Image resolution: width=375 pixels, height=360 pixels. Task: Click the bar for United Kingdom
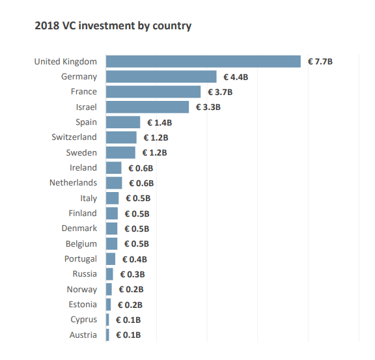[x=203, y=61]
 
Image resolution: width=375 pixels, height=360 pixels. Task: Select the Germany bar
[x=161, y=77]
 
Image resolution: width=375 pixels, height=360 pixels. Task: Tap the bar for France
[x=153, y=92]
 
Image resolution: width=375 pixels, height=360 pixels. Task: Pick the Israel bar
[x=147, y=107]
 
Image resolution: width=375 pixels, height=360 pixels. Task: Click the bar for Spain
[x=123, y=122]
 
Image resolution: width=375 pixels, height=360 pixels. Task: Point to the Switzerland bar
[x=121, y=137]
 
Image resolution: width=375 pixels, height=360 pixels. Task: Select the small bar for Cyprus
[x=107, y=320]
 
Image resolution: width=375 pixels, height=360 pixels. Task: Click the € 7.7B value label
[x=320, y=62]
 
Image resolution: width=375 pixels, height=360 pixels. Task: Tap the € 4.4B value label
[x=236, y=77]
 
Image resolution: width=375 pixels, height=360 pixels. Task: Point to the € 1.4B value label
[x=160, y=122]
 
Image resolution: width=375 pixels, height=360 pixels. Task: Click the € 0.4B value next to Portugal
[x=135, y=259]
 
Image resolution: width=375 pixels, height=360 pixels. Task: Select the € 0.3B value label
[x=133, y=274]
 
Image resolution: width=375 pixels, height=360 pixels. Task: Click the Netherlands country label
[x=73, y=183]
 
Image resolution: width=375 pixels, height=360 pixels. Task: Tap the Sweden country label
[x=81, y=152]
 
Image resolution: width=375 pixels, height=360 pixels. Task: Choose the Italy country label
[x=89, y=199]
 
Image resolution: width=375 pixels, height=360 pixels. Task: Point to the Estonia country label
[x=83, y=305]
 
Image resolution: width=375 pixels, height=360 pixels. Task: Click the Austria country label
[x=83, y=335]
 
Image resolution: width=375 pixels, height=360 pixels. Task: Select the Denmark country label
[x=79, y=228]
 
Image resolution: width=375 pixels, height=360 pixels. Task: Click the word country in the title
[x=172, y=26]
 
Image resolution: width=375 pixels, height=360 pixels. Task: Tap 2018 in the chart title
[x=47, y=25]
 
